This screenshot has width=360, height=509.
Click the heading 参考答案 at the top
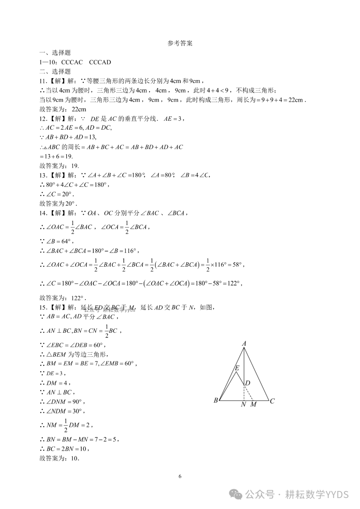click(180, 43)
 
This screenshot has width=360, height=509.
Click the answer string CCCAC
click(72, 62)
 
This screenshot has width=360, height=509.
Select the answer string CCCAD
click(100, 62)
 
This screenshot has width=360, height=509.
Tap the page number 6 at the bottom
click(180, 476)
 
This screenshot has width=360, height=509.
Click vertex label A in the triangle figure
click(244, 344)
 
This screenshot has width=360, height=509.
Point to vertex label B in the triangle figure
click(216, 400)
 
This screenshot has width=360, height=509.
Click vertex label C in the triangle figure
click(272, 401)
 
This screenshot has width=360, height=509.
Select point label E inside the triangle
click(237, 368)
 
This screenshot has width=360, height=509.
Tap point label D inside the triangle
click(247, 383)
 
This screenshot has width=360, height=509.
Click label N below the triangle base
click(243, 405)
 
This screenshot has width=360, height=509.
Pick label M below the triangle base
click(253, 405)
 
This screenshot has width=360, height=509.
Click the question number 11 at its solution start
click(43, 81)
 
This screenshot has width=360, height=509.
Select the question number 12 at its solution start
click(43, 119)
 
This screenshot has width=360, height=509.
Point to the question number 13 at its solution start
click(43, 175)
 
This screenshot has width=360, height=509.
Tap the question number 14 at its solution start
click(43, 213)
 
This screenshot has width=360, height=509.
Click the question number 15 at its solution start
click(43, 307)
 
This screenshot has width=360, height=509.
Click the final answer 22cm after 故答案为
click(79, 109)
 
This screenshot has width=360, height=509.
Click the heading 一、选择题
click(55, 53)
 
